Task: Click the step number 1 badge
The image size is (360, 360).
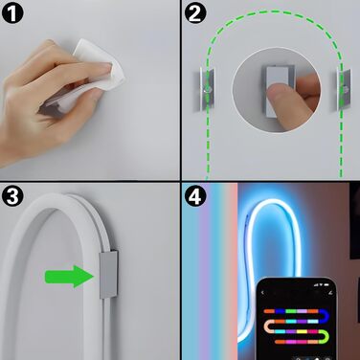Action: (x=12, y=12)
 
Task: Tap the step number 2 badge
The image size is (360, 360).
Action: (x=195, y=12)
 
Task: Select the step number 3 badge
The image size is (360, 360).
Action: (x=12, y=195)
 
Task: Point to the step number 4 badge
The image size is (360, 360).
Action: (x=195, y=195)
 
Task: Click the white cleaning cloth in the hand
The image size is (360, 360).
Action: (x=96, y=74)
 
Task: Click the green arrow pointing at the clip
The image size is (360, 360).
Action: (x=70, y=277)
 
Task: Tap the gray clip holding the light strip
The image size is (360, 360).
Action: (x=109, y=275)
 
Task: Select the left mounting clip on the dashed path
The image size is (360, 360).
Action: (x=204, y=89)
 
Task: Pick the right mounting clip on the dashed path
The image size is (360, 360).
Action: (x=344, y=89)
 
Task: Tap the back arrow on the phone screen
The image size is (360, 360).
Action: (x=262, y=292)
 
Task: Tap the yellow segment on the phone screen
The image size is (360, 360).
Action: (x=302, y=331)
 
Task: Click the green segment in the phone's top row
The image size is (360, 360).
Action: (x=291, y=311)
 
